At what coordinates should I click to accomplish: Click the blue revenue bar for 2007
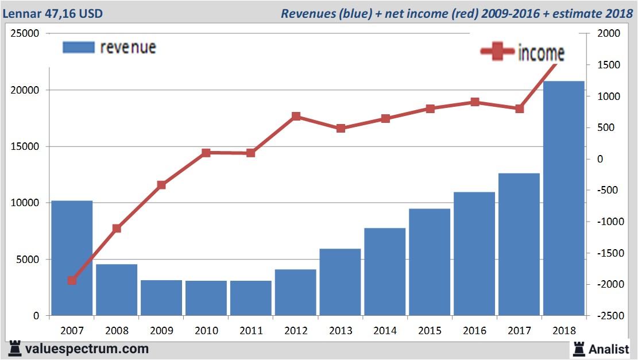tap(72, 258)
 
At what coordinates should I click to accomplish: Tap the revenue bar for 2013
tap(341, 282)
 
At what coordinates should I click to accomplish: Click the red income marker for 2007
tap(72, 280)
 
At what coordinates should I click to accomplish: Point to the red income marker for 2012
tap(296, 117)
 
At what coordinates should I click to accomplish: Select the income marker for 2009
tap(161, 185)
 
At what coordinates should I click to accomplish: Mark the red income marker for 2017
tap(519, 109)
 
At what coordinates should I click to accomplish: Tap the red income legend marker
tap(497, 52)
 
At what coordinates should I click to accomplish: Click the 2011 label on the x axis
tap(251, 331)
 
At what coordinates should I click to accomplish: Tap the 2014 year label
tap(385, 331)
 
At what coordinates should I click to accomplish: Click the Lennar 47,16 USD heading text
tap(53, 13)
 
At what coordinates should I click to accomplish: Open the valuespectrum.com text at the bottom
tap(87, 349)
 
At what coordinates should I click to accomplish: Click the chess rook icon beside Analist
tap(578, 349)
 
